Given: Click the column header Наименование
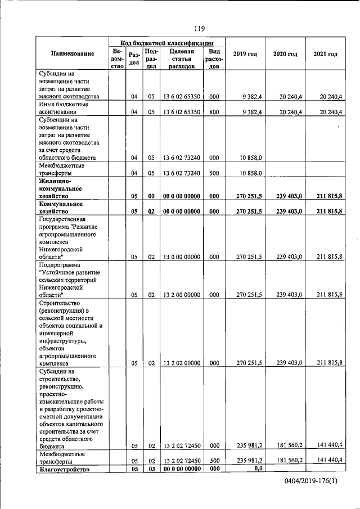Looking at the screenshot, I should (72, 53).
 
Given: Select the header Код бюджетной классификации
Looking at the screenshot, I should (167, 42).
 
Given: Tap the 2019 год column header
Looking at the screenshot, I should (245, 54).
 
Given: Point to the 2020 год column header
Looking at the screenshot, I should (285, 54).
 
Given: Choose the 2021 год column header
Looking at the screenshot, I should (325, 54).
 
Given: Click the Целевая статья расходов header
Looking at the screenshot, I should (181, 58).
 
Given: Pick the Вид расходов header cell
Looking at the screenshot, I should (214, 58).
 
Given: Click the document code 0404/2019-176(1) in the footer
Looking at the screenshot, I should (312, 483).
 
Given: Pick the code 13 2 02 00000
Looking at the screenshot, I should (181, 363).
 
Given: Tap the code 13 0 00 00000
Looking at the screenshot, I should (181, 256).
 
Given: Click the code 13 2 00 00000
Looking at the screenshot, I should (181, 294).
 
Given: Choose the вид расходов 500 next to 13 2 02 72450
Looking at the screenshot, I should (214, 461).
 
